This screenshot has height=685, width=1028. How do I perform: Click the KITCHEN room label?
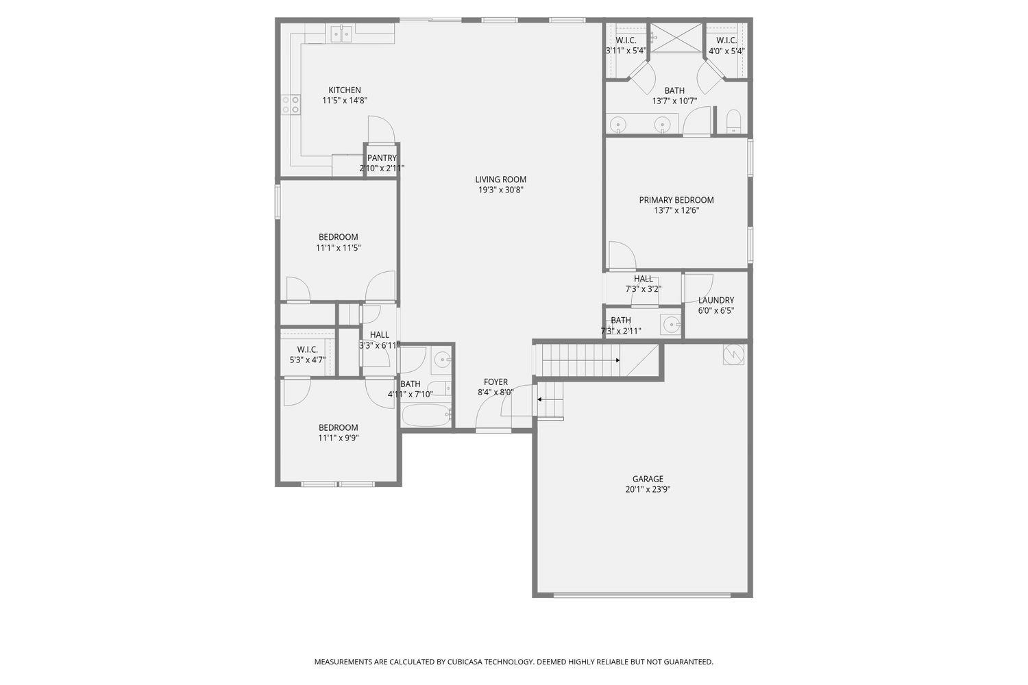(x=344, y=90)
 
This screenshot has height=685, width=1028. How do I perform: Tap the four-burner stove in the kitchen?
(x=291, y=104)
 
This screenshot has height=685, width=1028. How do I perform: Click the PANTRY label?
(x=382, y=158)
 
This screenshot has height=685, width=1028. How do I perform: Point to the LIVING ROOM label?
(x=501, y=179)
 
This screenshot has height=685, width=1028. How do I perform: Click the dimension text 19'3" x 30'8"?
(x=501, y=190)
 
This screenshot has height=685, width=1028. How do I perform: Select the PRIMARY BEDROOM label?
(x=676, y=200)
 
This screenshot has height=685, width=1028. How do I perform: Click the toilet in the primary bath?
(x=733, y=122)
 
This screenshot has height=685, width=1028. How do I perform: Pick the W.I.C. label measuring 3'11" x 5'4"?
(x=626, y=40)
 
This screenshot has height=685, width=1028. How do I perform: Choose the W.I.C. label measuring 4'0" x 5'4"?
(x=726, y=40)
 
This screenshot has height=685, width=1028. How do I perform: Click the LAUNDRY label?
(x=715, y=300)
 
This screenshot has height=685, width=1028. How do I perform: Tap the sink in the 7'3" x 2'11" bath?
(x=670, y=325)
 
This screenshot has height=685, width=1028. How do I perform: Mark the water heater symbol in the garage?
(x=733, y=354)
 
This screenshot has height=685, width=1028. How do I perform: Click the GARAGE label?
(x=648, y=479)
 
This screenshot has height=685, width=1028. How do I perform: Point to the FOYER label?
(x=495, y=382)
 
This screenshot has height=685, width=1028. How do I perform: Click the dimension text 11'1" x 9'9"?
(x=338, y=438)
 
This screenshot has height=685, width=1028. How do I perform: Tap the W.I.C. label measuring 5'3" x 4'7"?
(x=307, y=349)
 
